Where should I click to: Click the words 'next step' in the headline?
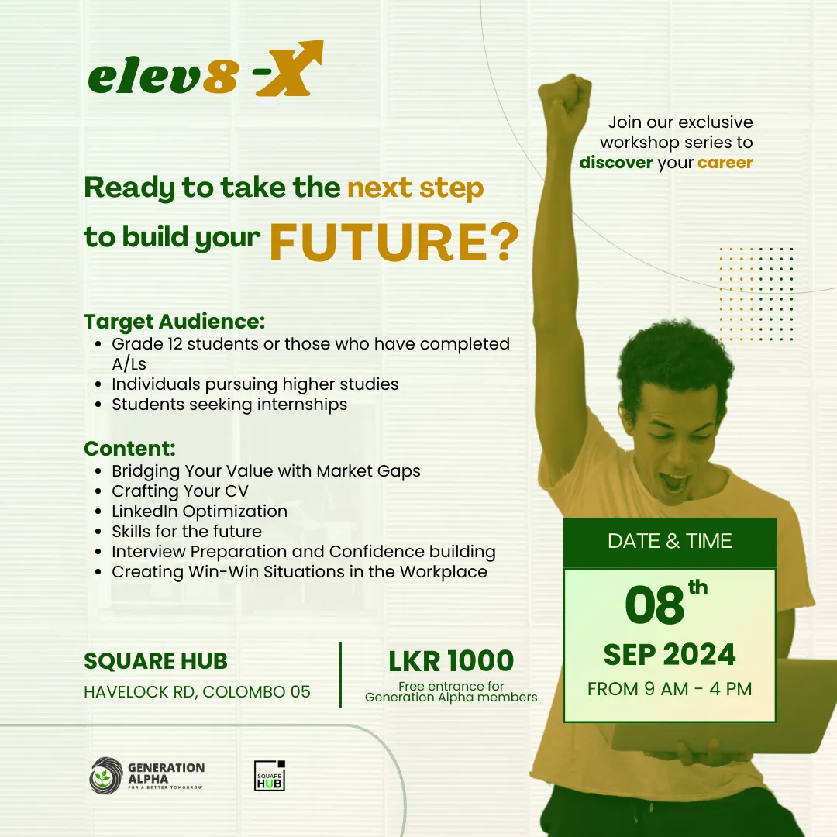click(x=415, y=188)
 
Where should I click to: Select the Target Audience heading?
click(x=174, y=322)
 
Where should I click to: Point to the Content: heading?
click(x=129, y=449)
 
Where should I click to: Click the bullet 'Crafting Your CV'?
click(x=180, y=491)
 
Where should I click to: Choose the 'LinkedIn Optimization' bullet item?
click(x=199, y=511)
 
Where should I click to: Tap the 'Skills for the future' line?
click(x=187, y=532)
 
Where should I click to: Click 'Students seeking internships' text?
click(x=229, y=405)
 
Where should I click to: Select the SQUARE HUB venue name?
click(x=156, y=661)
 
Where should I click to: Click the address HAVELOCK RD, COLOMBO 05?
click(x=197, y=691)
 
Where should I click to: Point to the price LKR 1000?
click(x=451, y=661)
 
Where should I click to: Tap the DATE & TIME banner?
click(x=670, y=541)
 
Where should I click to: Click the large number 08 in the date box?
click(x=656, y=607)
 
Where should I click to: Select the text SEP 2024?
click(x=670, y=655)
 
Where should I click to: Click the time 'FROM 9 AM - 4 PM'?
click(x=670, y=688)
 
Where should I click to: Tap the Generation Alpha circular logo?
click(x=106, y=776)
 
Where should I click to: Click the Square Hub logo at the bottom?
click(x=270, y=775)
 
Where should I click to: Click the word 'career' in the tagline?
click(x=725, y=163)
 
